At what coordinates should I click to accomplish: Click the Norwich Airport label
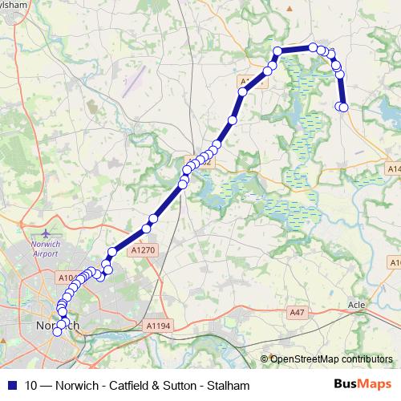(46, 247)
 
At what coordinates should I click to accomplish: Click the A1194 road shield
(160, 326)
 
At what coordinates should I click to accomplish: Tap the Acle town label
(357, 306)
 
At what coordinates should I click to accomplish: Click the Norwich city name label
(58, 326)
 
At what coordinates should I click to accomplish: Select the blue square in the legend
(11, 385)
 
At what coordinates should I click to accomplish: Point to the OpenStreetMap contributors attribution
(330, 359)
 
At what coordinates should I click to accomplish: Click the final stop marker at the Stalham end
(345, 107)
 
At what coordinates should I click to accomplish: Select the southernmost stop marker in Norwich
(57, 332)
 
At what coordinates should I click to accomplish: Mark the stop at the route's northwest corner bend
(278, 52)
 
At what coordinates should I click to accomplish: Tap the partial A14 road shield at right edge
(394, 169)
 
